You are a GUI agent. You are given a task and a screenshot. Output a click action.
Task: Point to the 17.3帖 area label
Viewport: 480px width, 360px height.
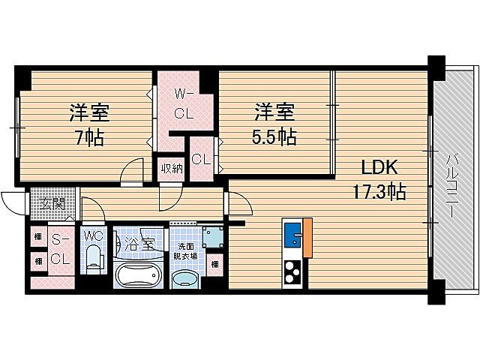pyautogui.click(x=379, y=192)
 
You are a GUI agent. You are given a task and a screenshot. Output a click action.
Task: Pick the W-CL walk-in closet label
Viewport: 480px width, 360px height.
pyautogui.click(x=184, y=105)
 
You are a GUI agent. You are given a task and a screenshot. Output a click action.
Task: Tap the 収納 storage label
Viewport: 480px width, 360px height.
pyautogui.click(x=172, y=167)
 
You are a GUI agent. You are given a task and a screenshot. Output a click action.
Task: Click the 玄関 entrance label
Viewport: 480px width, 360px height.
pyautogui.click(x=52, y=202)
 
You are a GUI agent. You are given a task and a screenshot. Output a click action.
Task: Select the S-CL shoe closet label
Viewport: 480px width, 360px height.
pyautogui.click(x=60, y=249)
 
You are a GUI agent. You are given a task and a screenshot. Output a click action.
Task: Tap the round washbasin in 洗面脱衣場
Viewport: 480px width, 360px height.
pyautogui.click(x=184, y=280)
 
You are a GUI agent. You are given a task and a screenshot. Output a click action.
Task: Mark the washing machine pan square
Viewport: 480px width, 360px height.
pyautogui.click(x=213, y=236)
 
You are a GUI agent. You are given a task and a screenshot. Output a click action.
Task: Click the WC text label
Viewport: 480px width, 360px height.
pyautogui.click(x=93, y=235)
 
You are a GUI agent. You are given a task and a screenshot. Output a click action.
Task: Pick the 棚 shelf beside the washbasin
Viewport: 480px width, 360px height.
pyautogui.click(x=214, y=264)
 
